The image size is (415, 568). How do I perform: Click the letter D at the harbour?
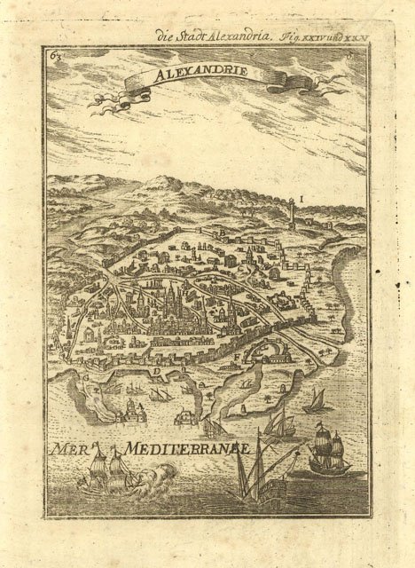click(x=155, y=370)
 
